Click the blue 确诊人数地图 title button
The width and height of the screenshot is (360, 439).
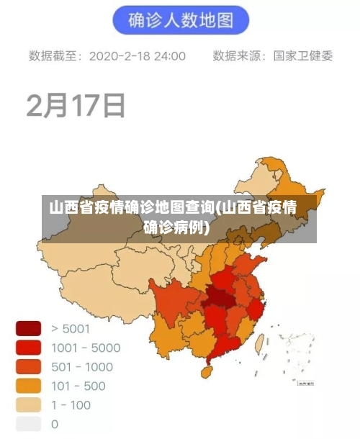(181, 20)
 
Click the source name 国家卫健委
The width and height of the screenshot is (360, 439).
(303, 55)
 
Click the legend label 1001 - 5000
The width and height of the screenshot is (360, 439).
(86, 348)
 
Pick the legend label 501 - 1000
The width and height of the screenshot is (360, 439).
(82, 366)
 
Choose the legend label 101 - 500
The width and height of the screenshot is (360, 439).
(78, 386)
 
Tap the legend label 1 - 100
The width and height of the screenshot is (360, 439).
(71, 404)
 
